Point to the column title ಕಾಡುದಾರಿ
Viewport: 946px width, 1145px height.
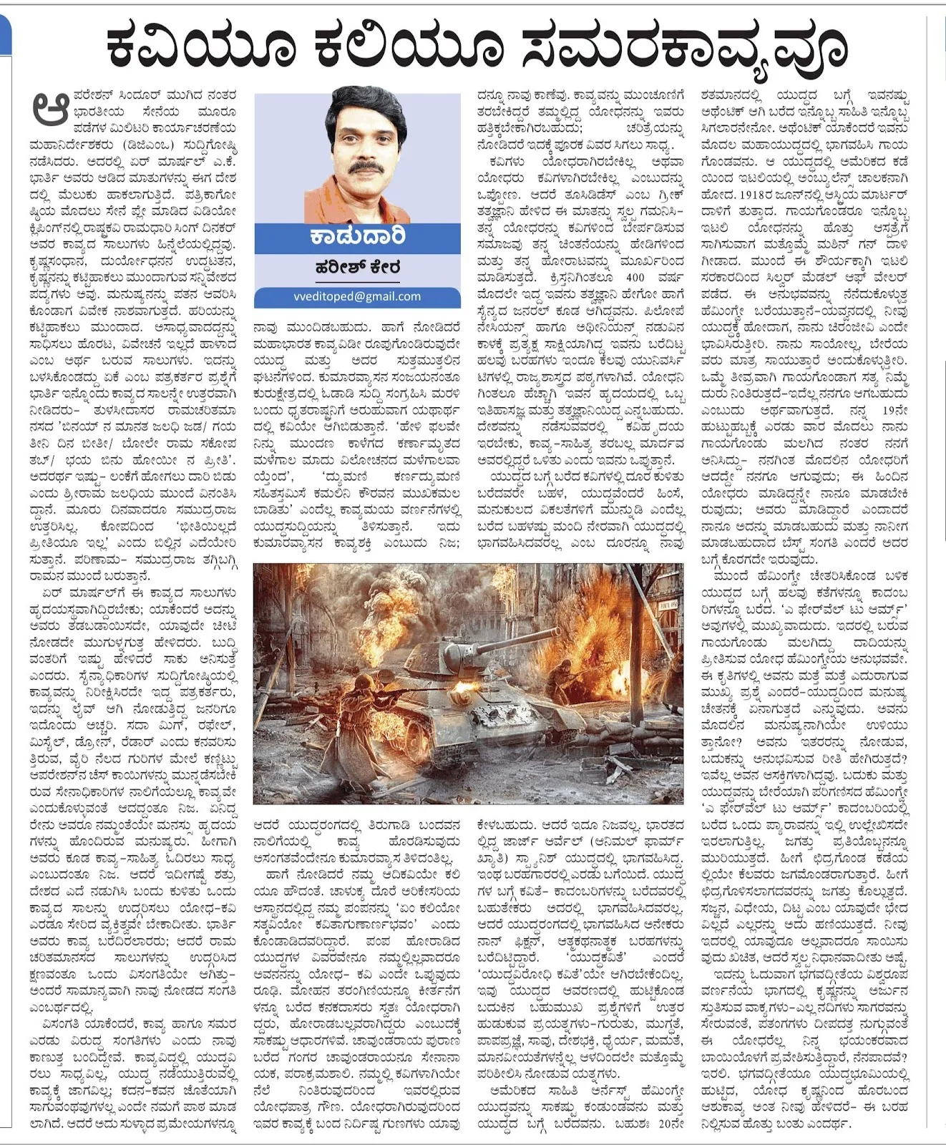pyautogui.click(x=357, y=237)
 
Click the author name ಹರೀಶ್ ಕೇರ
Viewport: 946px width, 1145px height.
pyautogui.click(x=357, y=268)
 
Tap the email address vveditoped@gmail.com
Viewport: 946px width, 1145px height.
pyautogui.click(x=357, y=296)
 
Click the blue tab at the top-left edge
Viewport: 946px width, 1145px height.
pyautogui.click(x=5, y=36)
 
